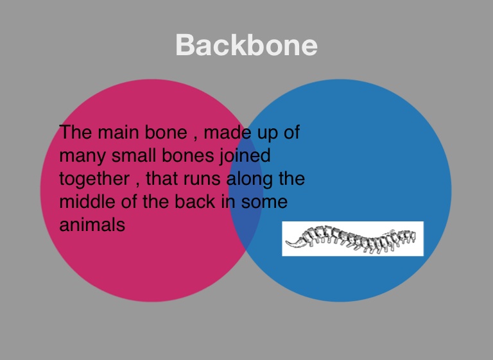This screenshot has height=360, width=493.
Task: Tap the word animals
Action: [x=92, y=225]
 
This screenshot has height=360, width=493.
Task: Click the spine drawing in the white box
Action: [x=352, y=239]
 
